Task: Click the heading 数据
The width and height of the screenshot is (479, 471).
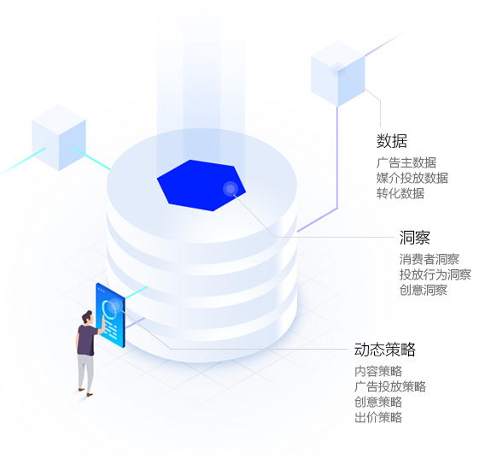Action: click(392, 141)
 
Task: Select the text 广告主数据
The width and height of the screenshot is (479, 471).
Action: click(406, 162)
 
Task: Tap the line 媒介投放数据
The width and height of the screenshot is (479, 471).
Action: click(412, 178)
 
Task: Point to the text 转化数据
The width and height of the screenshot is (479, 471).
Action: click(400, 193)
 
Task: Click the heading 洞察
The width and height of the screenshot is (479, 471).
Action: click(415, 238)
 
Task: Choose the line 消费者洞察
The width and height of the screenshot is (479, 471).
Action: click(429, 259)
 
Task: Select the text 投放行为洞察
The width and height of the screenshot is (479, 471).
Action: click(435, 274)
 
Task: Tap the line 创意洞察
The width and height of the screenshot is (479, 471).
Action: click(424, 290)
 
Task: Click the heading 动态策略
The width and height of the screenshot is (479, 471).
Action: click(385, 350)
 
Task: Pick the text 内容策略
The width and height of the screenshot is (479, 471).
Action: click(378, 371)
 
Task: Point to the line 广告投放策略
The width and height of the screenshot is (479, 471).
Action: click(390, 386)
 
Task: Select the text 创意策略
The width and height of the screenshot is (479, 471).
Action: click(378, 402)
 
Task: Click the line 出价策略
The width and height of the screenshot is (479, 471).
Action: click(378, 417)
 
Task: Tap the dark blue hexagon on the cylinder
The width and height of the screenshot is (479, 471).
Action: click(201, 185)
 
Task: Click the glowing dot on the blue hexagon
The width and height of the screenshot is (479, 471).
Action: click(231, 188)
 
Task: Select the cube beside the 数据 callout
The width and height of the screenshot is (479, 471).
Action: click(338, 74)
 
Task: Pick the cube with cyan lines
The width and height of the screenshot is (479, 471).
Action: click(59, 138)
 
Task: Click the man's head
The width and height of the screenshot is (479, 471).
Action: click(87, 317)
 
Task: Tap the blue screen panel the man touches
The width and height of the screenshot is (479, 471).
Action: click(110, 315)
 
